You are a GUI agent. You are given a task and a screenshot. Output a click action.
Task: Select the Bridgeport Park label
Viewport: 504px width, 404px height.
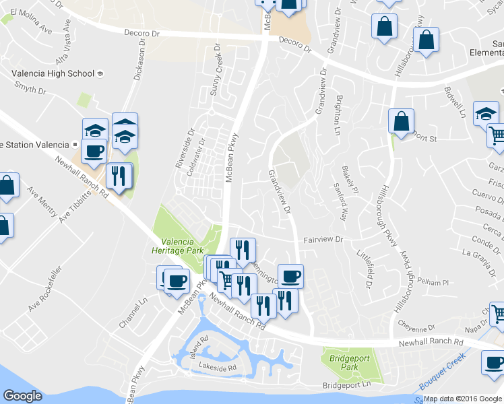[x=348, y=364]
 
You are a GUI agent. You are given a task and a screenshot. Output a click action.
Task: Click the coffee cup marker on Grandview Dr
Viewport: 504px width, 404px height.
[x=290, y=275]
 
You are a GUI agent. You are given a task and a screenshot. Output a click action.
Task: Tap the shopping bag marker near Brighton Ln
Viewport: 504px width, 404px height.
[x=401, y=122]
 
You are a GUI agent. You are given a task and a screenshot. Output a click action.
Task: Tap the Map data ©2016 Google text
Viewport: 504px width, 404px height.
[x=463, y=399]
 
